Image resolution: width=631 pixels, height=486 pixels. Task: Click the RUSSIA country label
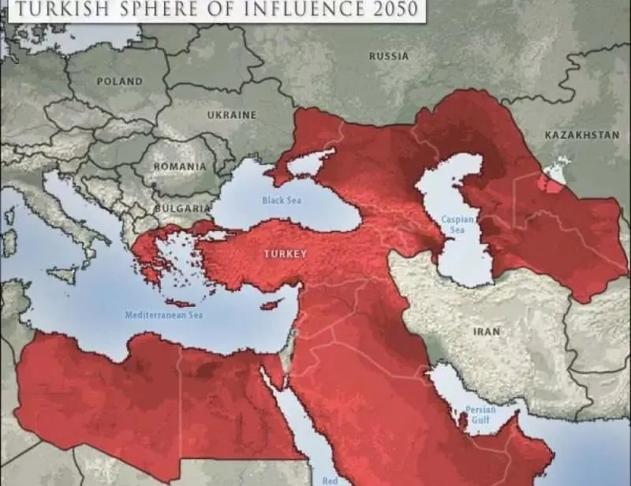point(389,56)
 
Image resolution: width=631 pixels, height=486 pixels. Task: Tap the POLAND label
point(119,81)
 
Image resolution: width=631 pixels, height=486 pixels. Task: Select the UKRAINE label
point(232,115)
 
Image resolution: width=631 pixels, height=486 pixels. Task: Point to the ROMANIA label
point(180,166)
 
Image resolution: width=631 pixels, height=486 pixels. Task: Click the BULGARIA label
point(182,207)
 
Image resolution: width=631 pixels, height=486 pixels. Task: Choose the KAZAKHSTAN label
point(581,135)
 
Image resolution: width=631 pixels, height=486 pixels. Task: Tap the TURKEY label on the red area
point(285,254)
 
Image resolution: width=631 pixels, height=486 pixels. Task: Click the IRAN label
point(487,332)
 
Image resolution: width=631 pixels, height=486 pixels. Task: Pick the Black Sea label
point(282,200)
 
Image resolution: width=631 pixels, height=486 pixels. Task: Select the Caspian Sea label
point(457,224)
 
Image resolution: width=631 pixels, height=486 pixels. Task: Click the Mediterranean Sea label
point(164,315)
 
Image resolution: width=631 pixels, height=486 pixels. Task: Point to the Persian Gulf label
point(479,415)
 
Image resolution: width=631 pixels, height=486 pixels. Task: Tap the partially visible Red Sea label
point(330,480)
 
